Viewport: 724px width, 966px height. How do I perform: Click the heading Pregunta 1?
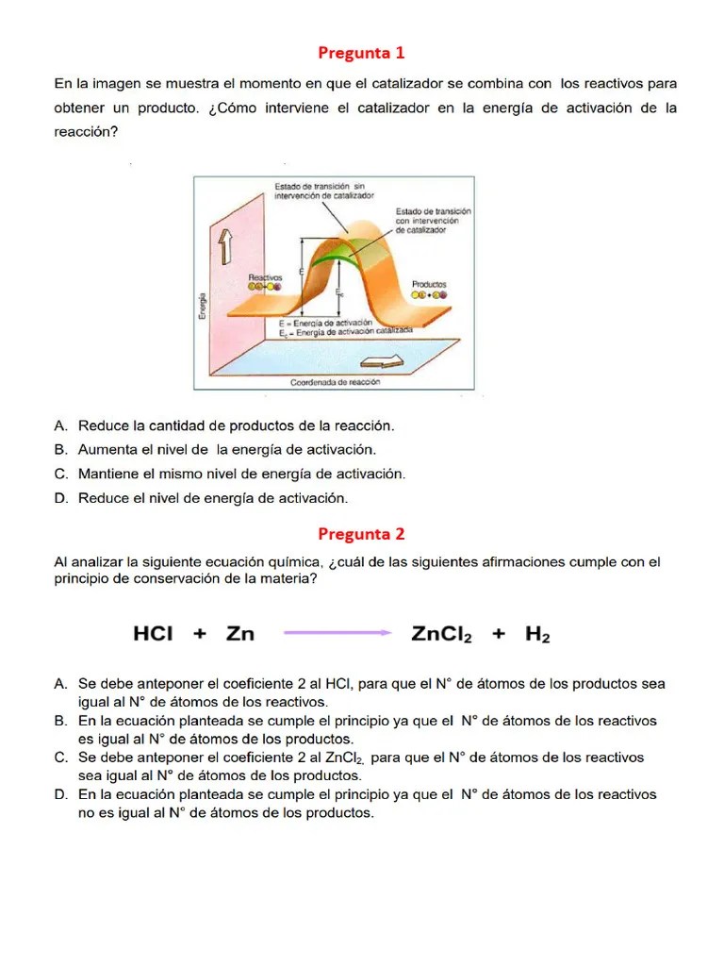361,52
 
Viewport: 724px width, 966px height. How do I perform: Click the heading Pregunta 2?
361,534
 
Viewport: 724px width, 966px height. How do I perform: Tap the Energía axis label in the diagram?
202,304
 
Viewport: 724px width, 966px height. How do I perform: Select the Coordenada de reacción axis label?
335,382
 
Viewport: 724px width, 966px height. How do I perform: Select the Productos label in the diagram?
429,283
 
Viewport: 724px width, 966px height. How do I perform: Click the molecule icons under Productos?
429,294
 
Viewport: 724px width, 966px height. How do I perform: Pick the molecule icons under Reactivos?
264,287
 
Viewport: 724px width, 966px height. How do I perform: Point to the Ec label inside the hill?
337,293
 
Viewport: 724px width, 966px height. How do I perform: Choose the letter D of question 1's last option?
59,497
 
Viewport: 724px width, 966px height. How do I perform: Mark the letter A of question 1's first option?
59,426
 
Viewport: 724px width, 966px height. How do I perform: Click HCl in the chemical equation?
153,634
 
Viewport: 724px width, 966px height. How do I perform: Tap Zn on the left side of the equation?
240,634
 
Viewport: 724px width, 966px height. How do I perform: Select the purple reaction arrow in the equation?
337,634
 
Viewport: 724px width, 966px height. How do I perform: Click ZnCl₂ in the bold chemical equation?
441,635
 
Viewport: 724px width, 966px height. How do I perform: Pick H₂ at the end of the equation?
537,635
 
